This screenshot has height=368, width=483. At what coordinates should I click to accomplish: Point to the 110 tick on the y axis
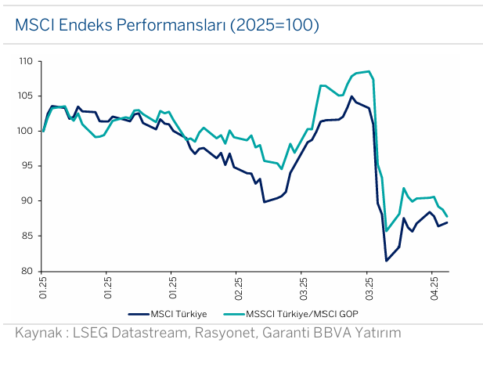(26, 61)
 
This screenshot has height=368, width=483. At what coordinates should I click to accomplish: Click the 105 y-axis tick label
(26, 96)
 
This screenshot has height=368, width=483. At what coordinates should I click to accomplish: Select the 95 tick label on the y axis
(27, 166)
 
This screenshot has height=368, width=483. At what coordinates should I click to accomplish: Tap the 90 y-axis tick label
(27, 201)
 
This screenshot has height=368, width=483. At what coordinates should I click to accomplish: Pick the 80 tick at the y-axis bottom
(27, 271)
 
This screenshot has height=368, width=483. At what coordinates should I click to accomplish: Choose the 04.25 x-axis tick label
(434, 289)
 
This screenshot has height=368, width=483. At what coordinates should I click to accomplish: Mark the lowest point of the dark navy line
(386, 261)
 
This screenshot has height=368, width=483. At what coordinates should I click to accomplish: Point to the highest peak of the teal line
(368, 71)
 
